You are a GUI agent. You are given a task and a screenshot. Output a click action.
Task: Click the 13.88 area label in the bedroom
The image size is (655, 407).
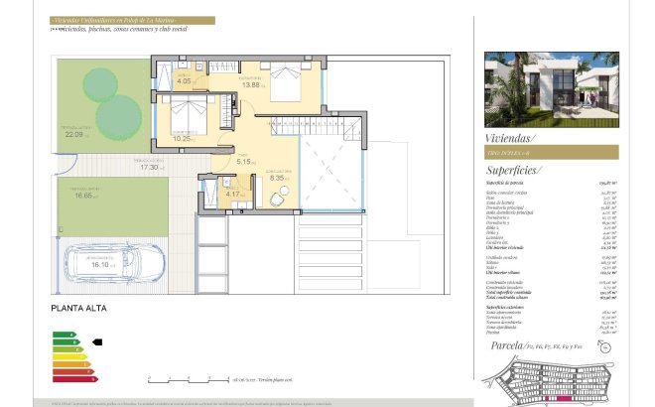[251, 85]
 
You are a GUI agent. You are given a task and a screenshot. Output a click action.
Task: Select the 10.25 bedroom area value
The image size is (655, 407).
[182, 139]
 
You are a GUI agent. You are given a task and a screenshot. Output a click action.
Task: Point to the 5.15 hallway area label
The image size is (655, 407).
[244, 161]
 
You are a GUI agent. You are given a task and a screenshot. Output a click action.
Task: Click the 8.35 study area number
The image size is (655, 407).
[279, 180]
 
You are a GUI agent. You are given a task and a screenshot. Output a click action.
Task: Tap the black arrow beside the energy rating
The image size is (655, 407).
[96, 341]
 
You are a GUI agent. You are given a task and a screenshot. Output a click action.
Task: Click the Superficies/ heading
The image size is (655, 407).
[517, 171]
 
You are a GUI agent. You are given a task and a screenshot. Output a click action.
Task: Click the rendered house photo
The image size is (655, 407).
[551, 89]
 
